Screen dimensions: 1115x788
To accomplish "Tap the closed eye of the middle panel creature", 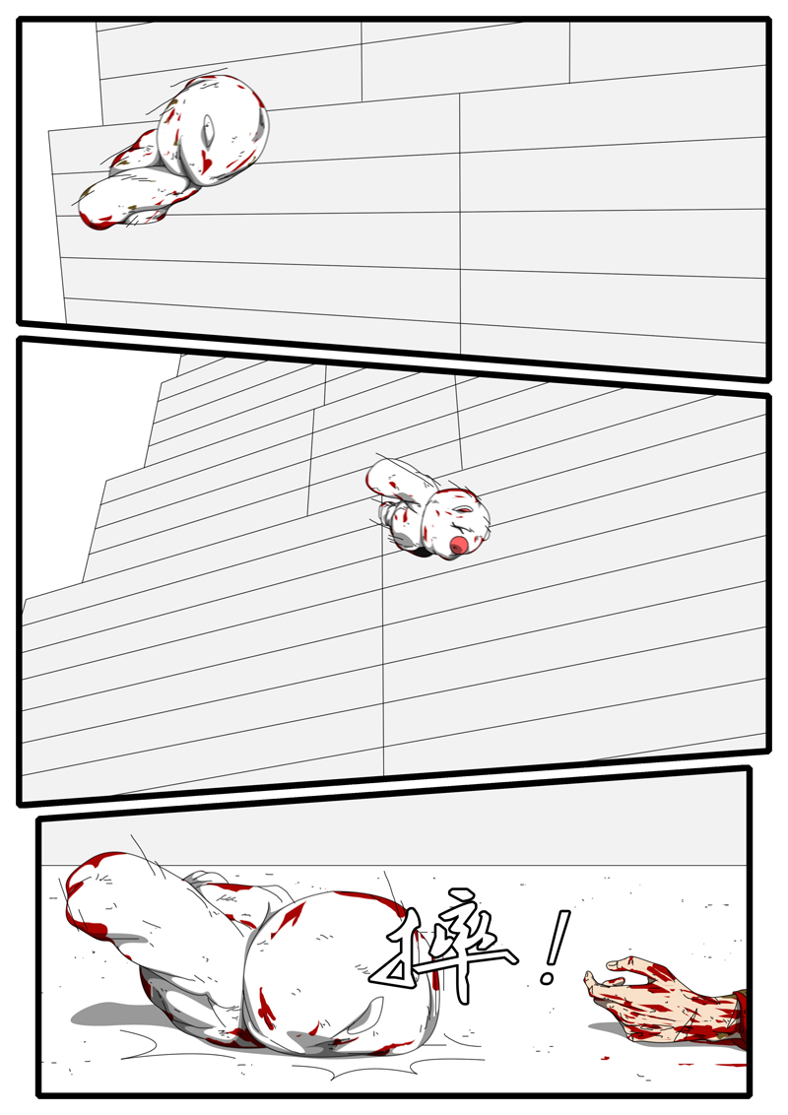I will click(x=460, y=509).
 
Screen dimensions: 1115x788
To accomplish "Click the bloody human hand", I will click(x=655, y=997).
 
